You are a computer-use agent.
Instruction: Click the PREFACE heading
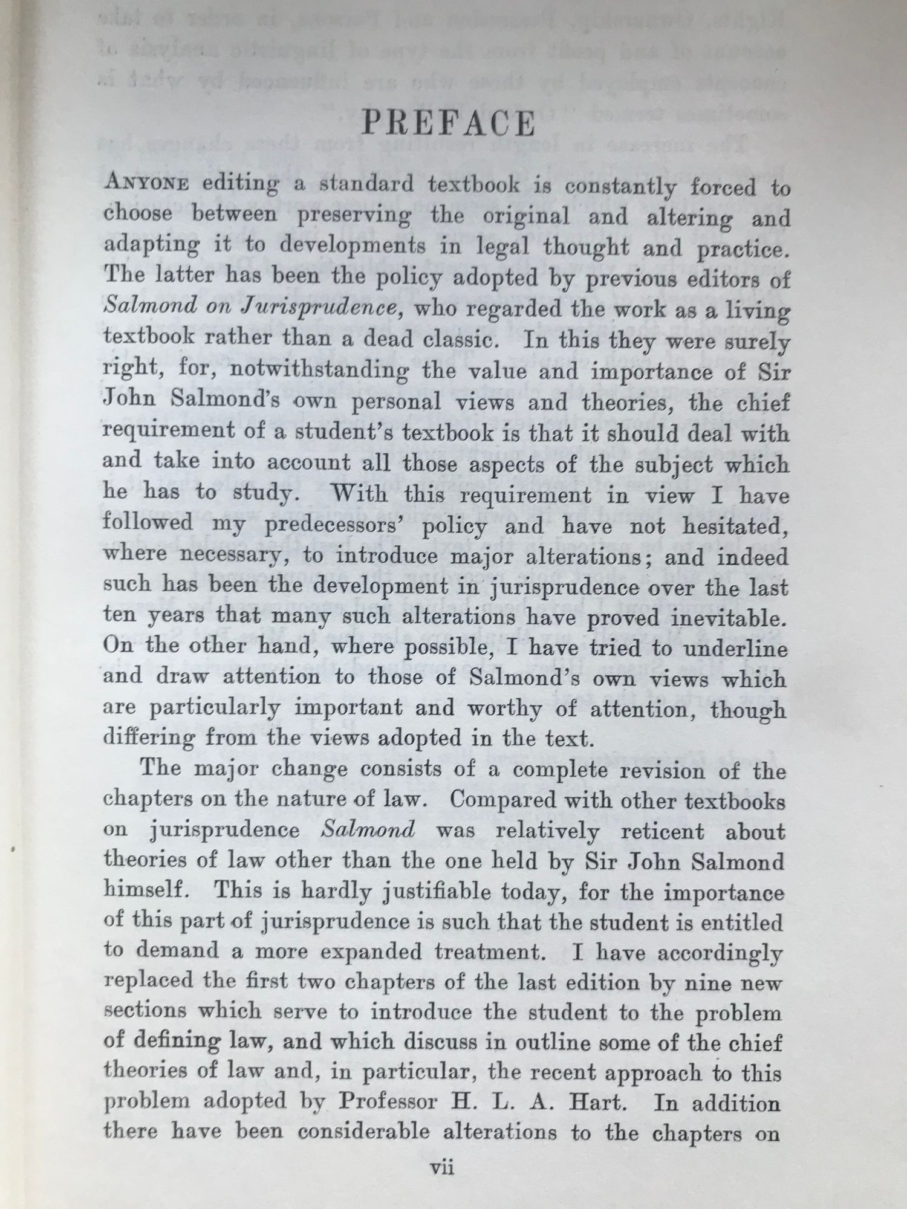448,123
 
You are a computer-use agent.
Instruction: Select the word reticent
660,831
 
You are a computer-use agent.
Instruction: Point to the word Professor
388,1101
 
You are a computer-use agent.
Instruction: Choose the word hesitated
735,525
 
